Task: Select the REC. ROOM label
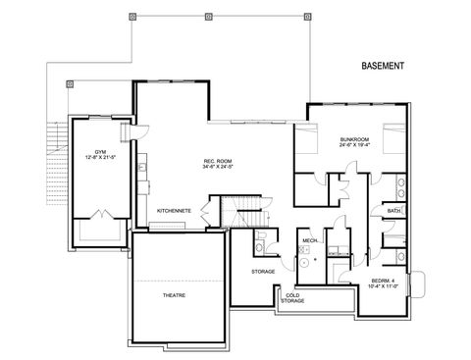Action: (x=217, y=160)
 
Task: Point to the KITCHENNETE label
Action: (x=175, y=211)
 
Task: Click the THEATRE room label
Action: (x=176, y=294)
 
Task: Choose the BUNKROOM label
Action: (x=354, y=140)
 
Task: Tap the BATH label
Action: (x=393, y=211)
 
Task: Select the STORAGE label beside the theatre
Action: (x=263, y=271)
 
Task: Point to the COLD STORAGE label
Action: (x=292, y=297)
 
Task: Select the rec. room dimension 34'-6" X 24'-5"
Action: (x=217, y=167)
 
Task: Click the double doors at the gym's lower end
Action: (x=99, y=215)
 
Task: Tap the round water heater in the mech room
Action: (x=303, y=263)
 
